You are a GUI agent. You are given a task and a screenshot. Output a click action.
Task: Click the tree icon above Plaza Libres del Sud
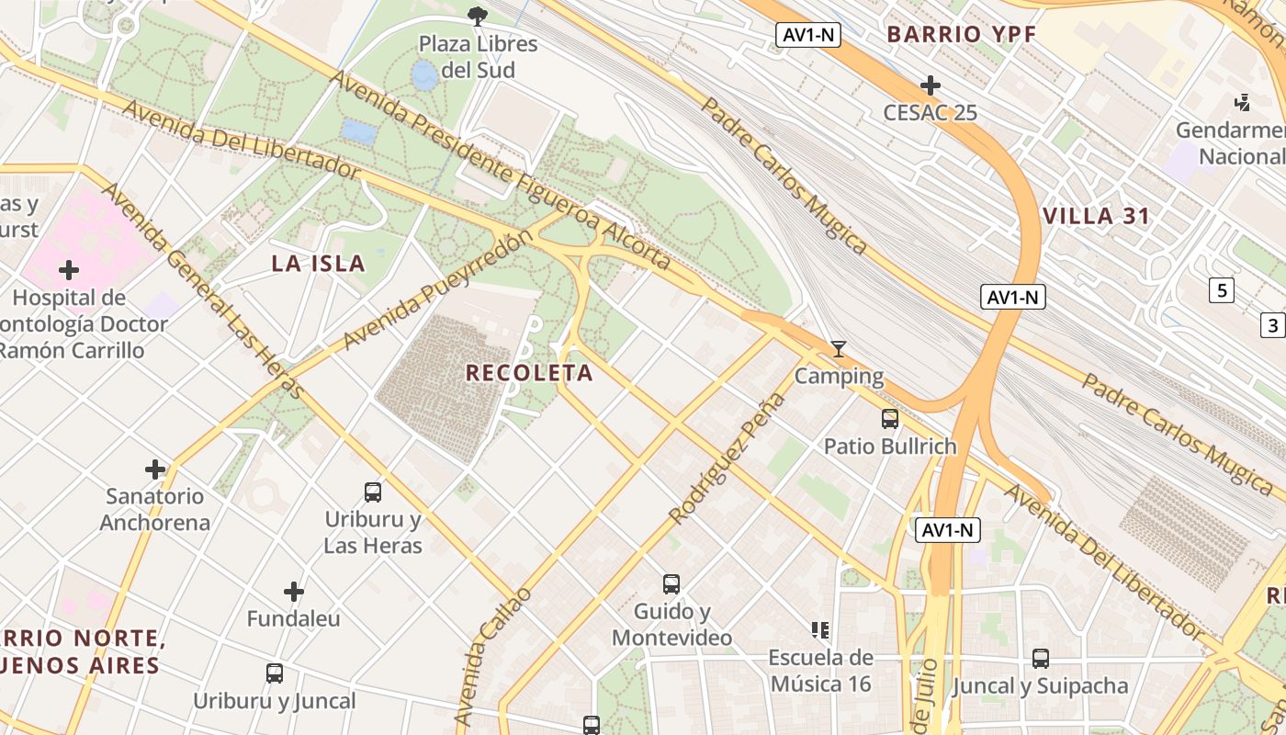477,15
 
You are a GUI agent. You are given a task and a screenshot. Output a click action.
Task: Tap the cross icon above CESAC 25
930,85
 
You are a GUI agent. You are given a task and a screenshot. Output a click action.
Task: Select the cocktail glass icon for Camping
838,349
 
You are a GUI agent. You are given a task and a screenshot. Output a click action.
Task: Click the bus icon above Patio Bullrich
889,419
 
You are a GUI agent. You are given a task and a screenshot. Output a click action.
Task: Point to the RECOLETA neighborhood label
529,373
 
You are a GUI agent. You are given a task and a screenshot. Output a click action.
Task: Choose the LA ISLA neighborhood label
319,264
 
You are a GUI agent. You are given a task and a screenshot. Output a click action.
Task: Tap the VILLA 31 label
1096,217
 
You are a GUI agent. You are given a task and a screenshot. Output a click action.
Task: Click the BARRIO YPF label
961,35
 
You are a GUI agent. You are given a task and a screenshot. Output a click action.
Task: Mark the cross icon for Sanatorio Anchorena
155,469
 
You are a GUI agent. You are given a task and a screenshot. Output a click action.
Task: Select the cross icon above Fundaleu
294,592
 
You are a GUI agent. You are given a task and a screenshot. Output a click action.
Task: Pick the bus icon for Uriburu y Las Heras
373,492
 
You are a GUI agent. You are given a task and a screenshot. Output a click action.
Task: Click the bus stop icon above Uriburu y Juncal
275,673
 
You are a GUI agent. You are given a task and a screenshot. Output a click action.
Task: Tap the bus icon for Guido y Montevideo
671,584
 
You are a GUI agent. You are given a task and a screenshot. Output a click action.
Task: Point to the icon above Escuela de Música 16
820,630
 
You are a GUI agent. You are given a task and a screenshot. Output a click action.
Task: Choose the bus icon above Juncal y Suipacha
1040,659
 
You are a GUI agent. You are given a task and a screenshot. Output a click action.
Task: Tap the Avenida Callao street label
493,656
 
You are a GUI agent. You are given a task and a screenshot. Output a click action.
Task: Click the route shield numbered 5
1221,291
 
